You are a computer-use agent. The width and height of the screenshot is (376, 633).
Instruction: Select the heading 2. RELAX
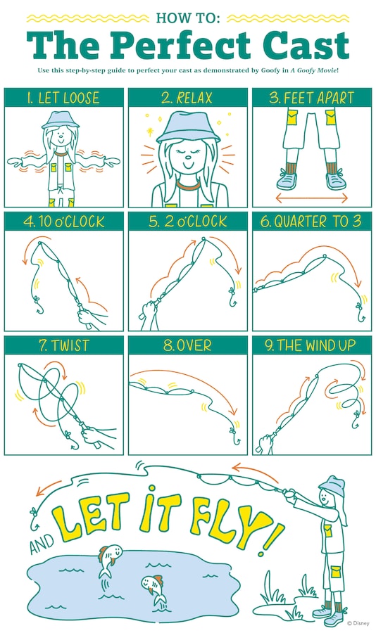[x=187, y=97]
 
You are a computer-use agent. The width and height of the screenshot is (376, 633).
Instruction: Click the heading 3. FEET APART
[x=311, y=97]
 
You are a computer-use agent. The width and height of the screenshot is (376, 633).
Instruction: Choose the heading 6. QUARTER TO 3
[x=311, y=222]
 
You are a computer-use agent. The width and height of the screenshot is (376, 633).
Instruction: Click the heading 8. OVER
[x=187, y=345]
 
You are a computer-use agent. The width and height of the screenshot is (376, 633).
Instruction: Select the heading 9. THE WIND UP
[x=311, y=345]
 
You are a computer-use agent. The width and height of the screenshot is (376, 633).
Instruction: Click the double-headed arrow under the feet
[x=311, y=198]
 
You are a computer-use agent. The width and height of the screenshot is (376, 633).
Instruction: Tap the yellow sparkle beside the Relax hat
[x=150, y=132]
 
